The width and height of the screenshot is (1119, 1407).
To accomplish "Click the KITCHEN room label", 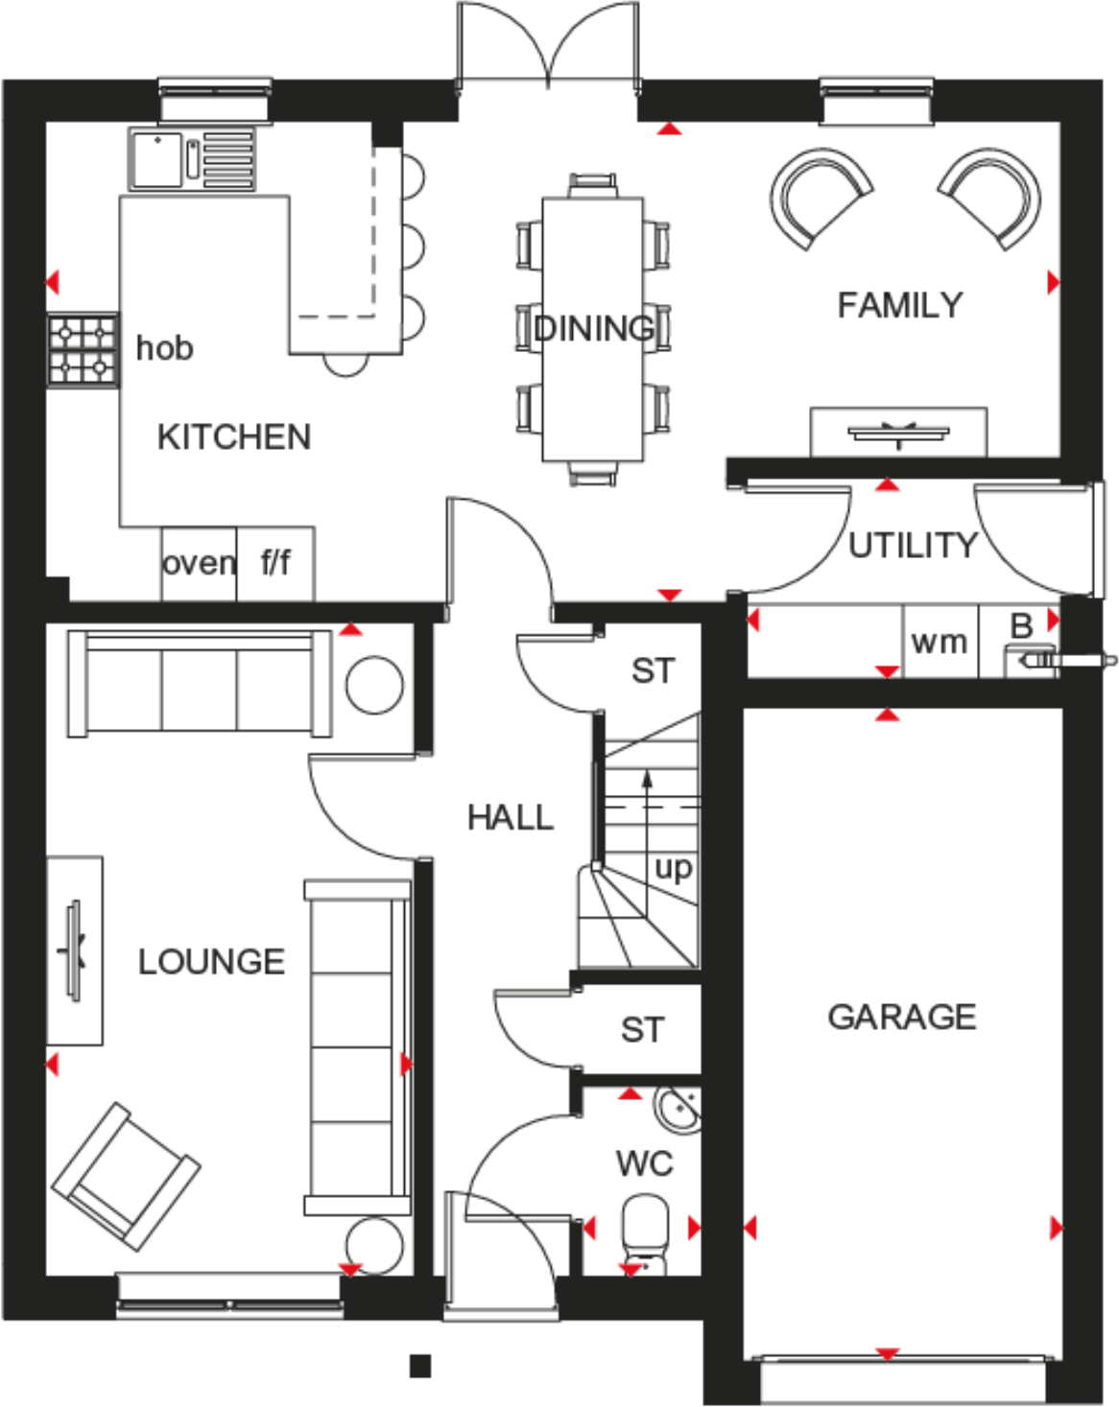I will coord(234,437).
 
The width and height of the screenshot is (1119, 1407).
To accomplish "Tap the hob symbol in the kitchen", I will coord(83,350).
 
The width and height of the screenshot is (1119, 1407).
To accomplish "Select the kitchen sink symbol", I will coord(192,158).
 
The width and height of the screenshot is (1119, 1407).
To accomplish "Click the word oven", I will coord(199,563).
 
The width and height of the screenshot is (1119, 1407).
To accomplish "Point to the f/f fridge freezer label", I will coord(275,562).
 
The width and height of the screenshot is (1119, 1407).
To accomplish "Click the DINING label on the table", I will coord(593,329).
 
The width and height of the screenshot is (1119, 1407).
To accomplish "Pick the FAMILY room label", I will coord(899,305).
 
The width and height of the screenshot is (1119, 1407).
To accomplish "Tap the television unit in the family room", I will coord(898,433).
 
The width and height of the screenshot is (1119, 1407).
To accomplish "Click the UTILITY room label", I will coord(912,546).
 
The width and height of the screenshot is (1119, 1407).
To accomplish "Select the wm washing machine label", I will coord(940,642).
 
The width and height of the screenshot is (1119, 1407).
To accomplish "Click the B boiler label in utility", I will coord(1021,626).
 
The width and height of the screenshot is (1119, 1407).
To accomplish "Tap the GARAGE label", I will coord(901,1017).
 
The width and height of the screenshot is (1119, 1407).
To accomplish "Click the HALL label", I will coord(510,818).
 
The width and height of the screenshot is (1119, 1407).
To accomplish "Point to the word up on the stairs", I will coord(673,869).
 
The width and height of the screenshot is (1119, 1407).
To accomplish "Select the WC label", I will coord(644,1164).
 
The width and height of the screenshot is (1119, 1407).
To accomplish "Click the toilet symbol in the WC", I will coord(645,1231).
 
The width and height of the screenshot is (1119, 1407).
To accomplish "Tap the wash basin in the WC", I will coord(679,1109).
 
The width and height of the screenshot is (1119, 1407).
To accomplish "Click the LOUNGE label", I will coord(211,962).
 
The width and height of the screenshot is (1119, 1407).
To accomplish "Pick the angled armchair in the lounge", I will coord(126,1176).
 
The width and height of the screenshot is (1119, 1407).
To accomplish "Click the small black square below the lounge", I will coord(419,1366).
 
